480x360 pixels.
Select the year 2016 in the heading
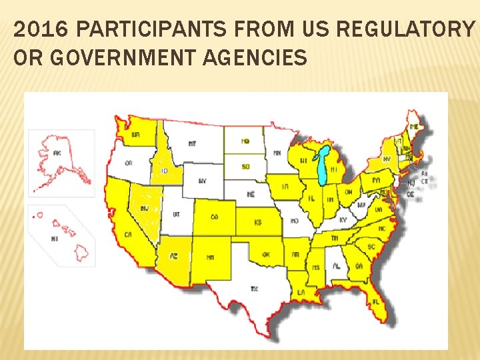tap(31, 29)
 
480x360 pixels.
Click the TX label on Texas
tap(254, 288)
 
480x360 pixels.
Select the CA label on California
tap(127, 235)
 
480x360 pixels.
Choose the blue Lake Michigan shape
tap(323, 167)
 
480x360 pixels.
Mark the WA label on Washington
tap(136, 135)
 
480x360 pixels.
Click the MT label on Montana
tap(192, 143)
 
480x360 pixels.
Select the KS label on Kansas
tap(257, 221)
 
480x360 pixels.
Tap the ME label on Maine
tap(415, 127)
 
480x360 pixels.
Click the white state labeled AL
tap(337, 266)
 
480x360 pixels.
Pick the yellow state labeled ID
tap(163, 171)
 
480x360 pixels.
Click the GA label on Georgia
tap(359, 265)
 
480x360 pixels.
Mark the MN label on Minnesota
tap(277, 153)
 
